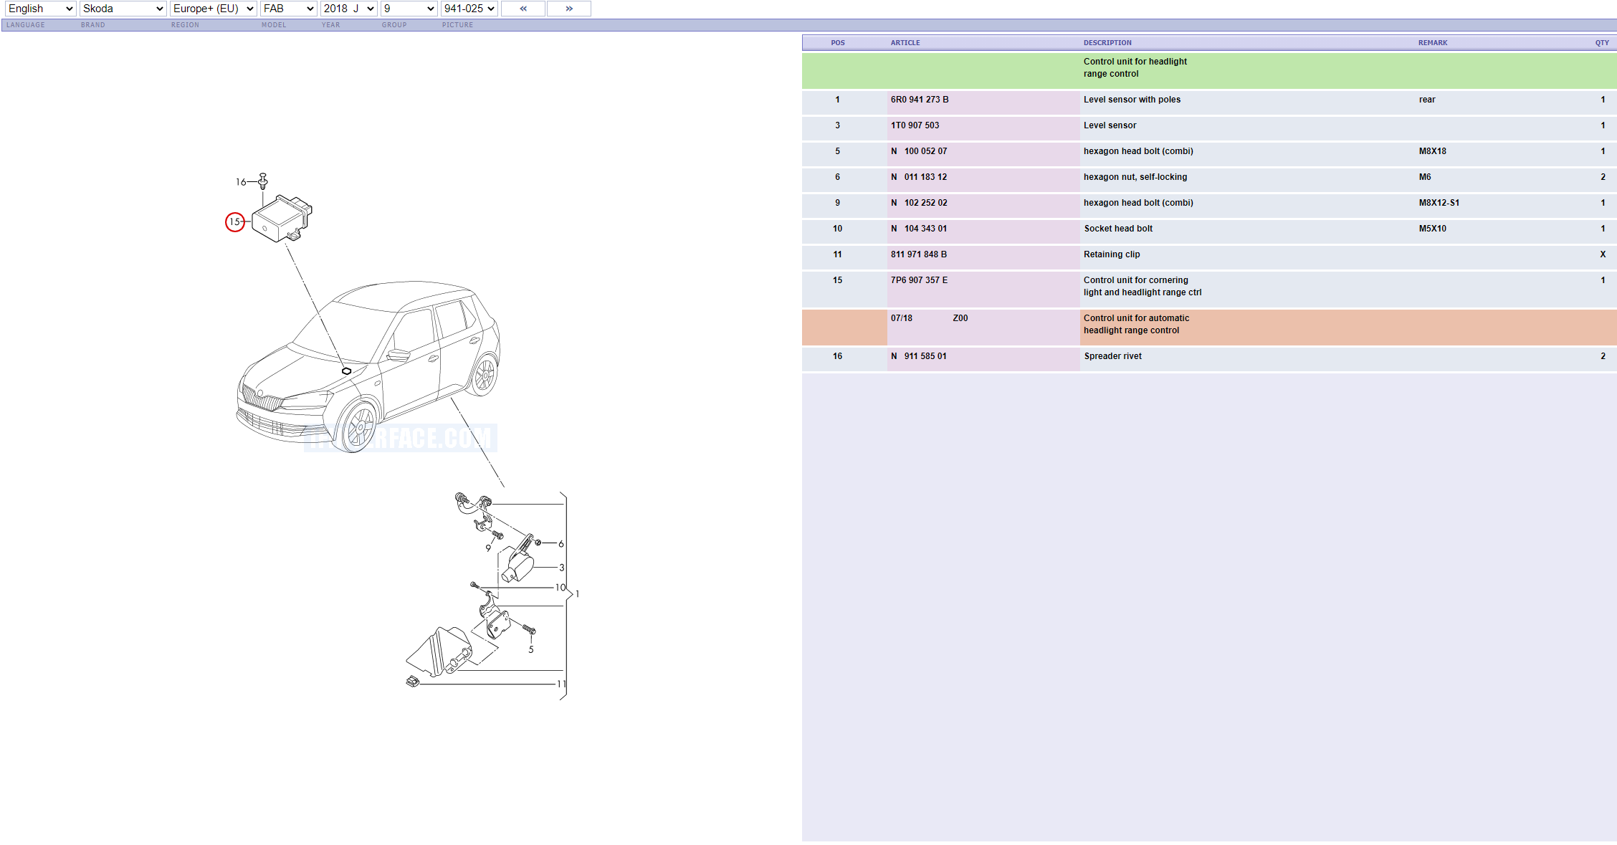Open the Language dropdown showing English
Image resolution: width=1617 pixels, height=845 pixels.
(x=40, y=9)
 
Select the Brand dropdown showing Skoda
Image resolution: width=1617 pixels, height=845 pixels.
(x=123, y=9)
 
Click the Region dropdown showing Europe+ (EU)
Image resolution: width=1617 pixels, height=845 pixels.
(x=213, y=9)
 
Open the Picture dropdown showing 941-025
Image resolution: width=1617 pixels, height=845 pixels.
(x=469, y=9)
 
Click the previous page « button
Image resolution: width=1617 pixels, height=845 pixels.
(x=523, y=9)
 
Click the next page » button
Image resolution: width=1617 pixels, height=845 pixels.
(x=569, y=9)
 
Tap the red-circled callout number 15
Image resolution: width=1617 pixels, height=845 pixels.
(x=235, y=222)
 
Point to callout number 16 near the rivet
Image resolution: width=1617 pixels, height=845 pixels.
(x=241, y=182)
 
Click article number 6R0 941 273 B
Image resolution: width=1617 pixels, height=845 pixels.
(x=920, y=100)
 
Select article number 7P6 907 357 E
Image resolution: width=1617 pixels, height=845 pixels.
(x=919, y=280)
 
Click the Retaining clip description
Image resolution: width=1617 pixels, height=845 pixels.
(x=1112, y=254)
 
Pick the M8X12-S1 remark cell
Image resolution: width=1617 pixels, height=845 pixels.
(x=1439, y=203)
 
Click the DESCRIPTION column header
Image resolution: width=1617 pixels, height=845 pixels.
(x=1107, y=43)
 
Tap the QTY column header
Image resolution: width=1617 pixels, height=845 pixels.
(x=1601, y=43)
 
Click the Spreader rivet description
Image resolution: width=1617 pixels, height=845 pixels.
(x=1112, y=356)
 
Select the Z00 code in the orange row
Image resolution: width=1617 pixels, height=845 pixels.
(x=960, y=318)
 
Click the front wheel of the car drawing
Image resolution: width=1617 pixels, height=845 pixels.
(x=358, y=426)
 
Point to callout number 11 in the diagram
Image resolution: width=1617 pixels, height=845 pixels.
(x=561, y=684)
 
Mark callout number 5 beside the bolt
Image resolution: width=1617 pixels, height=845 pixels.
(x=531, y=649)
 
